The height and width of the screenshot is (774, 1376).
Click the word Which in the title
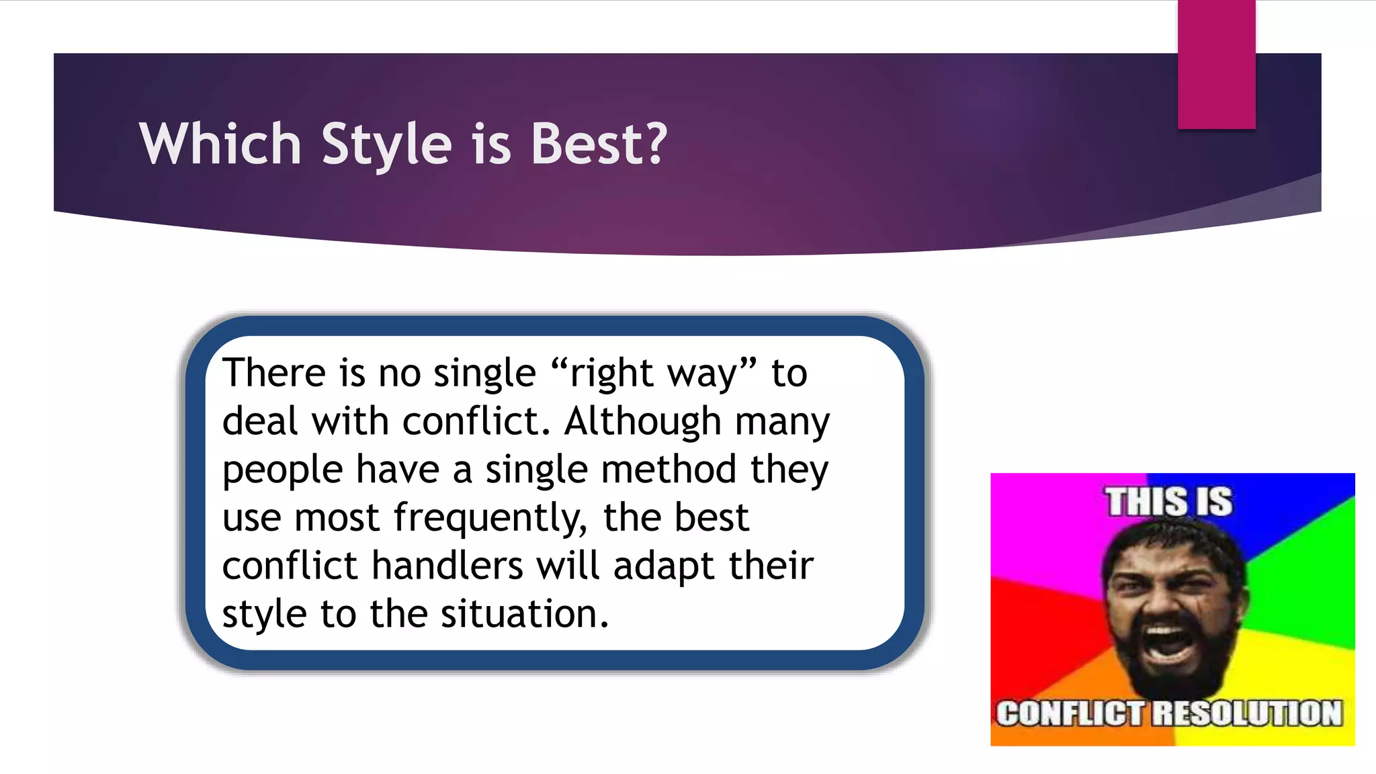point(220,144)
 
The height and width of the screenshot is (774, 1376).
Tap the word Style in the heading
point(386,145)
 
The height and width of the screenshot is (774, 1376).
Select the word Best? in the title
point(599,144)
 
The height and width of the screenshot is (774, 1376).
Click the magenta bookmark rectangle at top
point(1216,64)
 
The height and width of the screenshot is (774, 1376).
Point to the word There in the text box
point(274,373)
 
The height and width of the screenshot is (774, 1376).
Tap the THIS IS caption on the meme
point(1169,502)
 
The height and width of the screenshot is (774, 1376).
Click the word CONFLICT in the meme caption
point(1069,714)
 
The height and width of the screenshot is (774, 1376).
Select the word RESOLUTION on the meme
point(1248,714)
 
